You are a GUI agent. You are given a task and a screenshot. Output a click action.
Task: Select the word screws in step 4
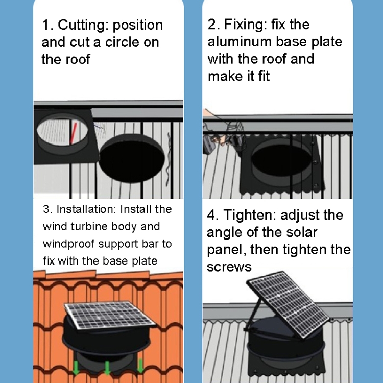(x=229, y=267)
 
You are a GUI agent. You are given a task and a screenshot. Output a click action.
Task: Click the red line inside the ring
(x=73, y=133)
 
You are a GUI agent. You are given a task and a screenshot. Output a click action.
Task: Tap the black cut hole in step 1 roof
(x=132, y=158)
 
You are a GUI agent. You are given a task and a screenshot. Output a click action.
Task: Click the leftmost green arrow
(x=76, y=367)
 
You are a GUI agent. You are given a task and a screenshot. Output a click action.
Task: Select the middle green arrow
(x=107, y=368)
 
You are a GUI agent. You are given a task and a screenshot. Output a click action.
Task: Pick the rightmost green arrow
(x=140, y=366)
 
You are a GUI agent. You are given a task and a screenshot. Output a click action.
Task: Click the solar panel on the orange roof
(x=110, y=315)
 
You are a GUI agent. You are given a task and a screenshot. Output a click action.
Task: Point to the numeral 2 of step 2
(x=211, y=25)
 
